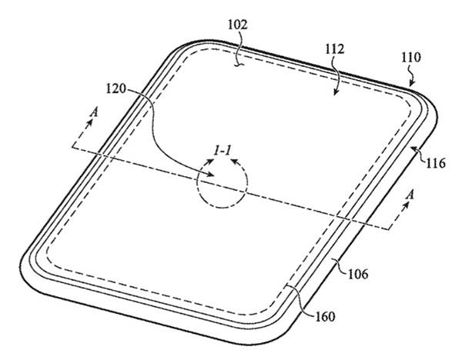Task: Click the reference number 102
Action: [237, 25]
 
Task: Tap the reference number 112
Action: [335, 49]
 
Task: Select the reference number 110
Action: [411, 58]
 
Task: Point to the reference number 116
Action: [436, 162]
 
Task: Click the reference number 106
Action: [358, 275]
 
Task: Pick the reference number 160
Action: [325, 317]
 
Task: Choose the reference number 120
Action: [115, 88]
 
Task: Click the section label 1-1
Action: [223, 151]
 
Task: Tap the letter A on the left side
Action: [94, 112]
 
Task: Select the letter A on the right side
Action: [410, 195]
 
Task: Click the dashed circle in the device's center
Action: [197, 185]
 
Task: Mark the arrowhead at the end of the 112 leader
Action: [335, 92]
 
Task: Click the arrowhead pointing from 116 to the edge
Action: [414, 149]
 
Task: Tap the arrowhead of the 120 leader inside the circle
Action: [210, 175]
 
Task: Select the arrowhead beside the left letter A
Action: [89, 122]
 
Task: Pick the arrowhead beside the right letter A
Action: [407, 205]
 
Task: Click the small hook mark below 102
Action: [239, 65]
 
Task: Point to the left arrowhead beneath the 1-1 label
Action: [210, 162]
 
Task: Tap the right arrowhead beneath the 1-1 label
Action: [235, 162]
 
